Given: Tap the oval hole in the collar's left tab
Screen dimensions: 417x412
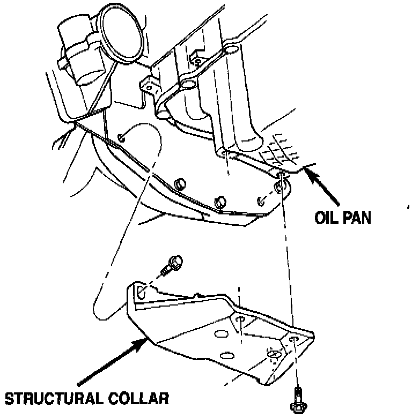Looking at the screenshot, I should pos(140,293).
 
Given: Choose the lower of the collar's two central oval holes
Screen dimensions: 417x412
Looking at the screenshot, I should pos(226,354).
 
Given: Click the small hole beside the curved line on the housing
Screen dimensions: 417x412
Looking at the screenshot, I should pos(122,138).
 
